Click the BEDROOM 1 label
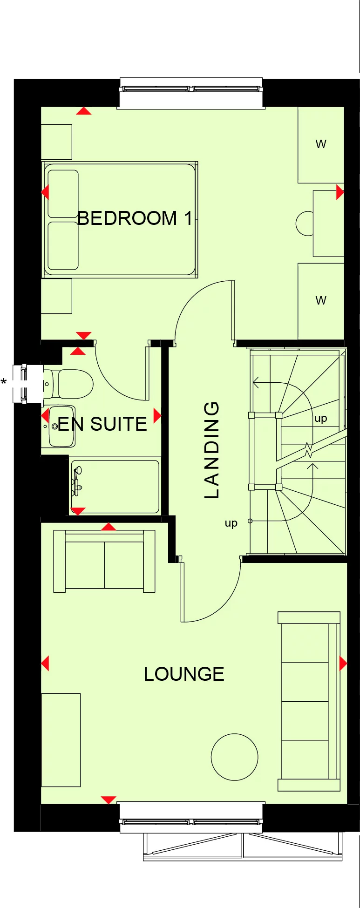[x=135, y=218]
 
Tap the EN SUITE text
[x=102, y=424]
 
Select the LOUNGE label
[x=184, y=674]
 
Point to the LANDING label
[x=212, y=450]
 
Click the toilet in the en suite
[x=70, y=384]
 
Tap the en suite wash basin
[x=61, y=426]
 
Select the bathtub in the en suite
[x=115, y=486]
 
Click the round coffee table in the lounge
[x=234, y=757]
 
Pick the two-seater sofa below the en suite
[x=104, y=561]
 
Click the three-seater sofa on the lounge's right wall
[x=309, y=701]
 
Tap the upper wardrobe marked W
[x=321, y=144]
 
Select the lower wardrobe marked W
[x=321, y=301]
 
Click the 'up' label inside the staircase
[x=320, y=418]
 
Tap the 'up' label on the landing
[x=231, y=523]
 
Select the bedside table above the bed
[x=57, y=142]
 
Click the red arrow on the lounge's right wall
[x=343, y=663]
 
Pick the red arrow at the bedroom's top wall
[x=84, y=111]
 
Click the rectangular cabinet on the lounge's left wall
[x=61, y=740]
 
